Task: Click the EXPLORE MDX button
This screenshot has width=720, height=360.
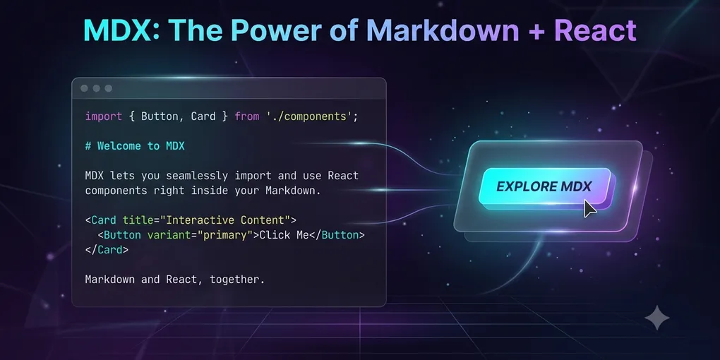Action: point(545,187)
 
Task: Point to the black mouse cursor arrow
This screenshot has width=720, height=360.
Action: point(589,208)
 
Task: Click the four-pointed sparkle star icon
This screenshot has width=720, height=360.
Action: point(657,318)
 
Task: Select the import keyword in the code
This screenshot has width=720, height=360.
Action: point(104,116)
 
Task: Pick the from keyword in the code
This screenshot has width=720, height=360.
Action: point(247,116)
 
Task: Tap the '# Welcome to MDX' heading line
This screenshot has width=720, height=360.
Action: point(135,146)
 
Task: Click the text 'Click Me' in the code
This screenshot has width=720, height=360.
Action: point(284,235)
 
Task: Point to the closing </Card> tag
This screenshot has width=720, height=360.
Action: point(107,250)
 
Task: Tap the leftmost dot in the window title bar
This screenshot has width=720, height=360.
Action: point(84,88)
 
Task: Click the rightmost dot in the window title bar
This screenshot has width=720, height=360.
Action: point(109,88)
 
